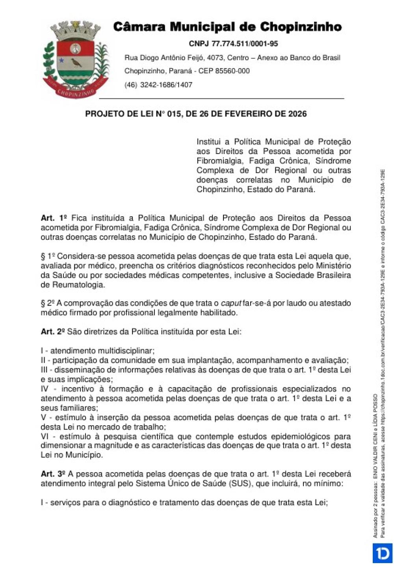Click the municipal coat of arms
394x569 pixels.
tap(75, 59)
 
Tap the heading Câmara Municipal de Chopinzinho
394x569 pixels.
tap(227, 27)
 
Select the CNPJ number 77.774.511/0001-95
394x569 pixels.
tap(244, 44)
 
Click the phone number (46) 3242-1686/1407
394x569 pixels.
tap(158, 85)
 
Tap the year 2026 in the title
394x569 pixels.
tap(297, 114)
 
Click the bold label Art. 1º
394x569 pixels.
tap(54, 218)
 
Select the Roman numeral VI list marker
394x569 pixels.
tap(45, 436)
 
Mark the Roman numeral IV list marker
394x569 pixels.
tap(45, 389)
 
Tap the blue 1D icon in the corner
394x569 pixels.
tap(383, 553)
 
